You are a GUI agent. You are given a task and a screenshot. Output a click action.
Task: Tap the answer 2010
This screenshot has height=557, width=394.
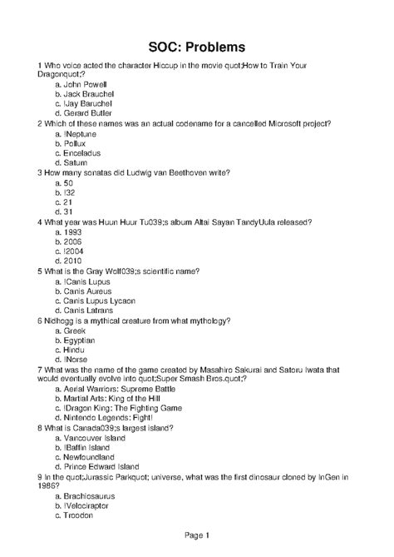[x=75, y=261]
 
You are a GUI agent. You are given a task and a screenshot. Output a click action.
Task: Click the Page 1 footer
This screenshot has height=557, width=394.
[x=196, y=535]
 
